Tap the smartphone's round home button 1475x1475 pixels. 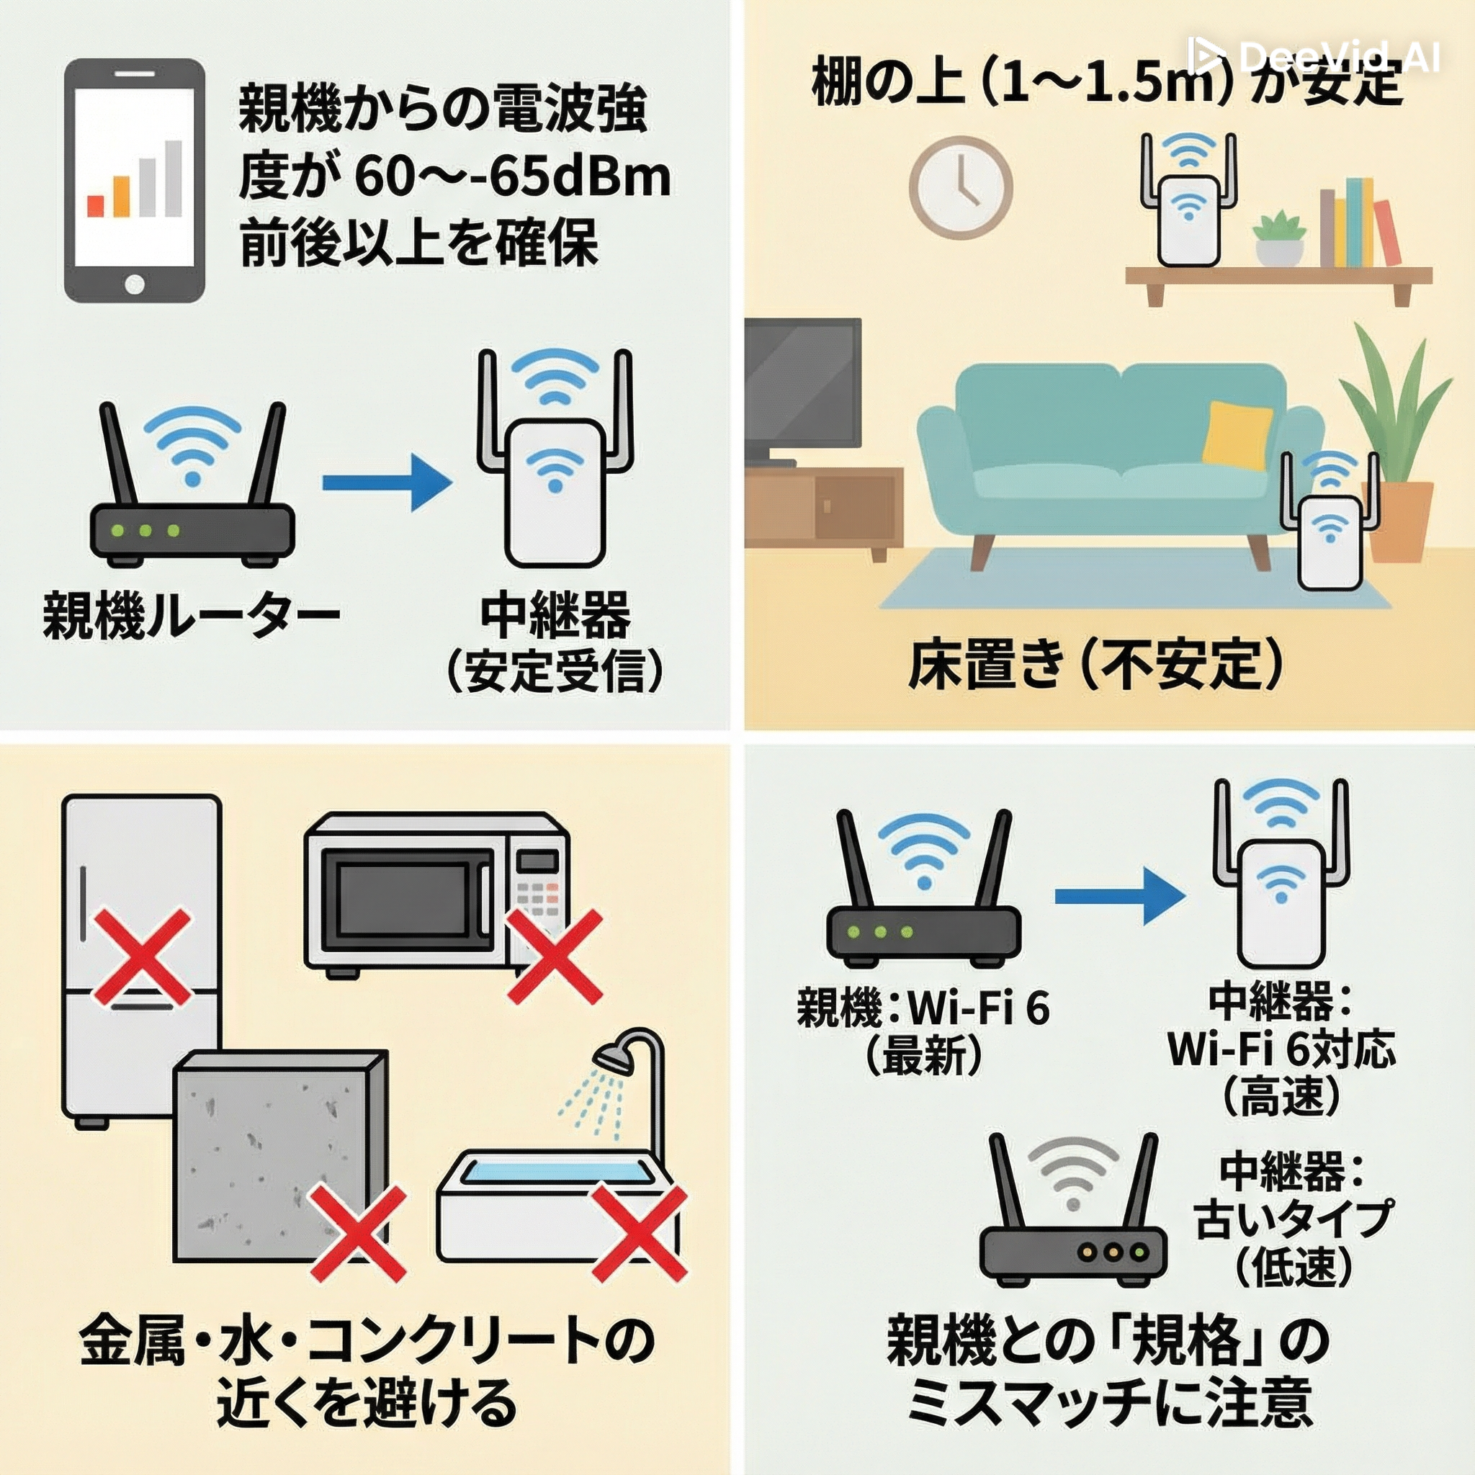click(135, 285)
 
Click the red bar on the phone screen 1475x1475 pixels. click(96, 205)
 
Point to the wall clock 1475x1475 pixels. click(961, 184)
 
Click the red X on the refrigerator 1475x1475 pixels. click(141, 956)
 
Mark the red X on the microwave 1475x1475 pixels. click(555, 956)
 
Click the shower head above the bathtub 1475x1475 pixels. click(614, 1057)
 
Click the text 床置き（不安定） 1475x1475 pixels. click(1097, 665)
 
